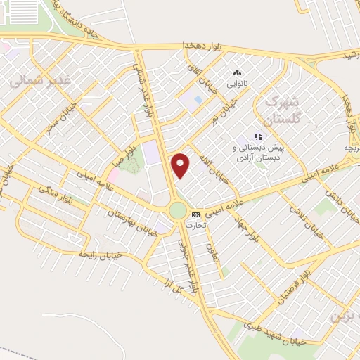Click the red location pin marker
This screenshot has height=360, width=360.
[x=181, y=165]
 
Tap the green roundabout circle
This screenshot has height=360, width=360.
[x=178, y=210]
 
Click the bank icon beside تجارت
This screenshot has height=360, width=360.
[x=195, y=214]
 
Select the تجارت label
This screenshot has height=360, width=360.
[x=193, y=225]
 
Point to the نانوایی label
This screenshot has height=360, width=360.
[x=236, y=83]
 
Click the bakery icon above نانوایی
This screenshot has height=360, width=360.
[x=236, y=72]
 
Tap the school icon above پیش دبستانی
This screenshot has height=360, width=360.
[x=258, y=136]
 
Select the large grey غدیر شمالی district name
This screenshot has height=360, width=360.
[x=40, y=81]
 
